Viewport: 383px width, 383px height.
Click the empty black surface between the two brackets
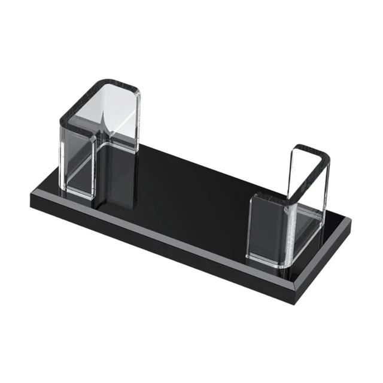191,186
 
